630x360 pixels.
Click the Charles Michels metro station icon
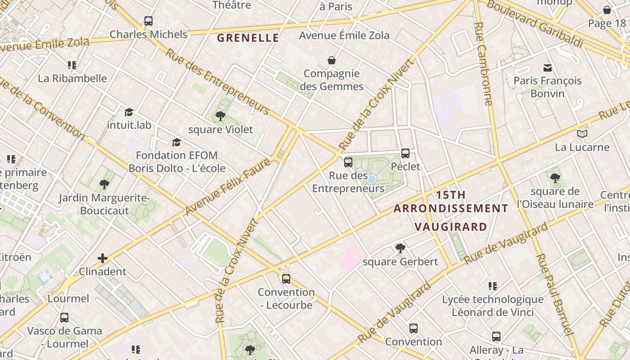point(148,21)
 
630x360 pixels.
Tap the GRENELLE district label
point(248,38)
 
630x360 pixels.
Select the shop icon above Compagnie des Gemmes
point(332,60)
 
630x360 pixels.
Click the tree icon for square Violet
point(220,117)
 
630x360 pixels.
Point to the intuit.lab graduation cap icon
point(129,112)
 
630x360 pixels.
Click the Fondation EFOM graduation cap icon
point(177,142)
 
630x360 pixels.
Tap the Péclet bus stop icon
point(405,153)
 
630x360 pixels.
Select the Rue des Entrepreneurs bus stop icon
point(348,162)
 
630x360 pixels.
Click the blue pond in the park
point(372,179)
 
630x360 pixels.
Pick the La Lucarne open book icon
point(582,134)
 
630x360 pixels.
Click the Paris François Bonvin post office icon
point(548,68)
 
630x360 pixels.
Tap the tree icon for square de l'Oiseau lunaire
point(555,178)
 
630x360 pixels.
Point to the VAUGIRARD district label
point(451,227)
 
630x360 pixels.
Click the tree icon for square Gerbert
point(400,248)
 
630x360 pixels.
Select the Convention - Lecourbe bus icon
point(286,279)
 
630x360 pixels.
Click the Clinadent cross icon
point(103,258)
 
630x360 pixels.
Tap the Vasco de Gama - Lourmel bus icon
point(64,318)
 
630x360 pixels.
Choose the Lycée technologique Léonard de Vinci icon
point(493,286)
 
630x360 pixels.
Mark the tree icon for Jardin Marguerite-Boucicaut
point(104,184)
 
